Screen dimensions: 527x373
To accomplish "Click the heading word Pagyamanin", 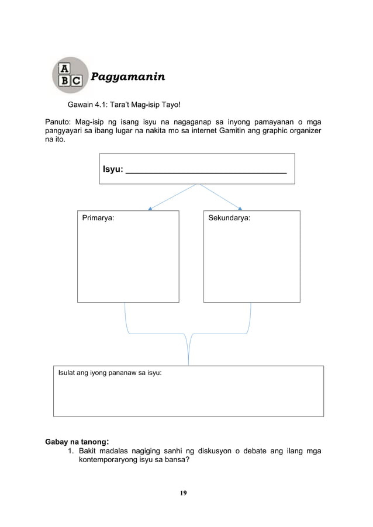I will [x=127, y=77].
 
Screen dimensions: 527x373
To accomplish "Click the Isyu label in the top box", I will [x=113, y=169].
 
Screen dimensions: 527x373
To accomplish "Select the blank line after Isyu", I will [x=206, y=171].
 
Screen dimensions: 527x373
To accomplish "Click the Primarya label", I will [x=98, y=217].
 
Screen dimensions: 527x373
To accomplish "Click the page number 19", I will [x=183, y=494].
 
